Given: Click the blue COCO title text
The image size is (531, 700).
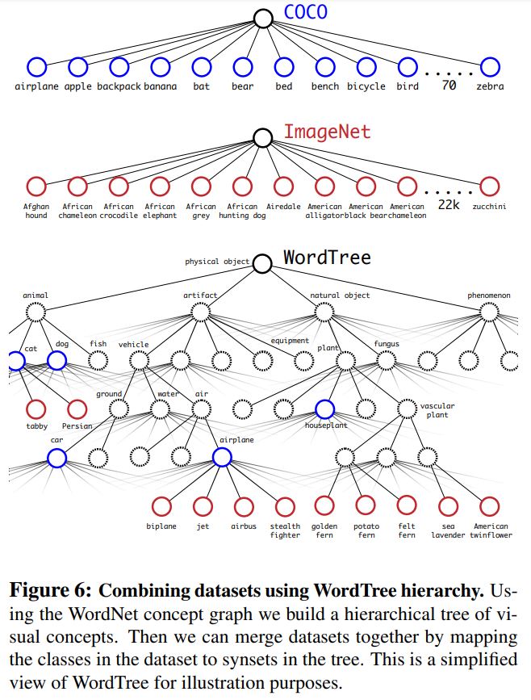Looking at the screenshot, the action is pyautogui.click(x=306, y=11).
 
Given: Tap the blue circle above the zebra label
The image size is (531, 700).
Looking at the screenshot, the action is pyautogui.click(x=490, y=67).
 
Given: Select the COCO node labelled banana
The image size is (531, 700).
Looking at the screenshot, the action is pyautogui.click(x=161, y=67).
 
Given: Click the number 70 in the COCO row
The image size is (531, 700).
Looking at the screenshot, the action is pyautogui.click(x=449, y=85).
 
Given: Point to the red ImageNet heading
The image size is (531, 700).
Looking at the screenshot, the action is pyautogui.click(x=327, y=132).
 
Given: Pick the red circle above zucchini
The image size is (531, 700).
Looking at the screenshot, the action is pyautogui.click(x=490, y=187).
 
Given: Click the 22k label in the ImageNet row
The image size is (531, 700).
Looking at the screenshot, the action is pyautogui.click(x=449, y=204).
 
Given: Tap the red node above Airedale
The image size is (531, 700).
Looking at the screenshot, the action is pyautogui.click(x=284, y=187).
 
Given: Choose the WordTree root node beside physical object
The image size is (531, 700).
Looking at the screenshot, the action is pyautogui.click(x=263, y=263).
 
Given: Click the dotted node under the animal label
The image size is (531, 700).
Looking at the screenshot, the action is pyautogui.click(x=36, y=312).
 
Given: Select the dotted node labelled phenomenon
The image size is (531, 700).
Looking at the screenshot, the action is pyautogui.click(x=490, y=312).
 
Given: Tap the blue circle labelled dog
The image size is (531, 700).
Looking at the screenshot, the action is pyautogui.click(x=56, y=360).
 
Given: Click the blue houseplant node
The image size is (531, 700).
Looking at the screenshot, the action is pyautogui.click(x=325, y=409).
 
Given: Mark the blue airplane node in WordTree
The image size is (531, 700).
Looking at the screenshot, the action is pyautogui.click(x=222, y=457).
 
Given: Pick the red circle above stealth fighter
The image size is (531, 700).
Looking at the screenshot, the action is pyautogui.click(x=285, y=506).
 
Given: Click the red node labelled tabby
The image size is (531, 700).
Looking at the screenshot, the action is pyautogui.click(x=36, y=409).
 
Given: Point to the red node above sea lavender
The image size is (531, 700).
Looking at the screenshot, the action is pyautogui.click(x=448, y=506).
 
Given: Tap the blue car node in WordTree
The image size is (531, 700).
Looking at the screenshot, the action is pyautogui.click(x=57, y=458).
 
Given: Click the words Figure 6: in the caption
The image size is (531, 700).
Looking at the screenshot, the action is pyautogui.click(x=50, y=591).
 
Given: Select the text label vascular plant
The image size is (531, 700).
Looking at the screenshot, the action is pyautogui.click(x=437, y=410).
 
